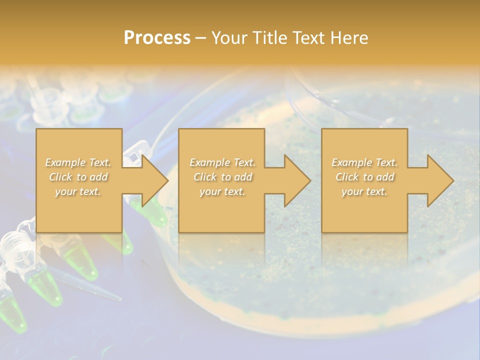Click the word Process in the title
pyautogui.click(x=157, y=38)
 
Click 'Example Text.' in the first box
pyautogui.click(x=78, y=162)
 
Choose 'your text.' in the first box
pyautogui.click(x=78, y=191)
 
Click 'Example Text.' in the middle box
pyautogui.click(x=222, y=162)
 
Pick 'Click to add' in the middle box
pyautogui.click(x=222, y=177)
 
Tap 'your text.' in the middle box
pyautogui.click(x=222, y=191)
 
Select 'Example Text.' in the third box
pyautogui.click(x=364, y=162)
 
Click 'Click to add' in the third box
pyautogui.click(x=364, y=177)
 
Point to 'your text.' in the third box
pyautogui.click(x=364, y=191)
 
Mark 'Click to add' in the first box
pyautogui.click(x=78, y=177)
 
